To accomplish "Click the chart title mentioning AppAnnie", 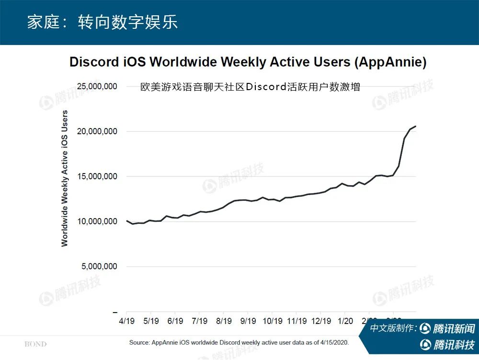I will pyautogui.click(x=248, y=62).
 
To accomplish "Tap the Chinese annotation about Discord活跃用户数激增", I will pyautogui.click(x=250, y=87).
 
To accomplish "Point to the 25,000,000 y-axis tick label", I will pyautogui.click(x=97, y=87).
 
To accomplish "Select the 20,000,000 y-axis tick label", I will pyautogui.click(x=97, y=131).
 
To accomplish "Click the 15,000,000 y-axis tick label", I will pyautogui.click(x=97, y=176).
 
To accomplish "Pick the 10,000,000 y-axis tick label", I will pyautogui.click(x=97, y=221).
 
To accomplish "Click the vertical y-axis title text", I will pyautogui.click(x=65, y=178).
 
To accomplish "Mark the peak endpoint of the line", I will pyautogui.click(x=415, y=126).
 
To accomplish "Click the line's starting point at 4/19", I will pyautogui.click(x=127, y=221).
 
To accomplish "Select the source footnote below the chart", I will pyautogui.click(x=239, y=343).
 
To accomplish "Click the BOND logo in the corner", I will pyautogui.click(x=35, y=344).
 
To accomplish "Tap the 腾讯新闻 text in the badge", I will pyautogui.click(x=454, y=329).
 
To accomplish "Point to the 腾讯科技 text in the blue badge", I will pyautogui.click(x=454, y=345).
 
